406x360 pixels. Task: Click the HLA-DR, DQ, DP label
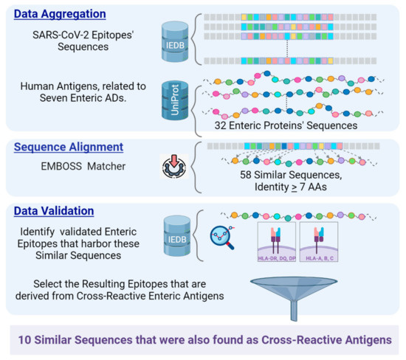[275, 260]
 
